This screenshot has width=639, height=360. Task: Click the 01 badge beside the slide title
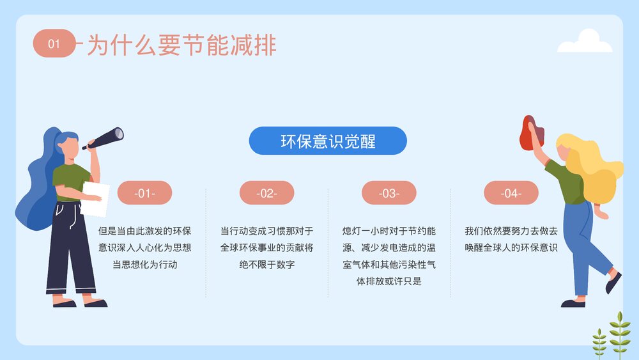pos(54,43)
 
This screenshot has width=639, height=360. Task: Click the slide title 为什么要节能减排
pos(181,45)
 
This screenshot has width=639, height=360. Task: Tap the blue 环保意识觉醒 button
pos(328,141)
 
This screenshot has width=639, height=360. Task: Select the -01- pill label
pos(144,193)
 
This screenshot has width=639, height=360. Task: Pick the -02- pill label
pos(266,193)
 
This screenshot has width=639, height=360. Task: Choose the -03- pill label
pos(389,193)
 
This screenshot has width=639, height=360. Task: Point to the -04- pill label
pos(511,193)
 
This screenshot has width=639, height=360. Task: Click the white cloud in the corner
pos(585,42)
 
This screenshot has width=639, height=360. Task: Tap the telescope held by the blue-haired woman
pos(105,137)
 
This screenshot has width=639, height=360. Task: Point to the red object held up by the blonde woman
pos(531,133)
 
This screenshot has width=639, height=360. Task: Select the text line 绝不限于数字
pos(266,264)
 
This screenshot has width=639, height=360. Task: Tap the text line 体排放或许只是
pos(389,281)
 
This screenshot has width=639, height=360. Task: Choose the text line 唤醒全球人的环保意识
pos(511,247)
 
